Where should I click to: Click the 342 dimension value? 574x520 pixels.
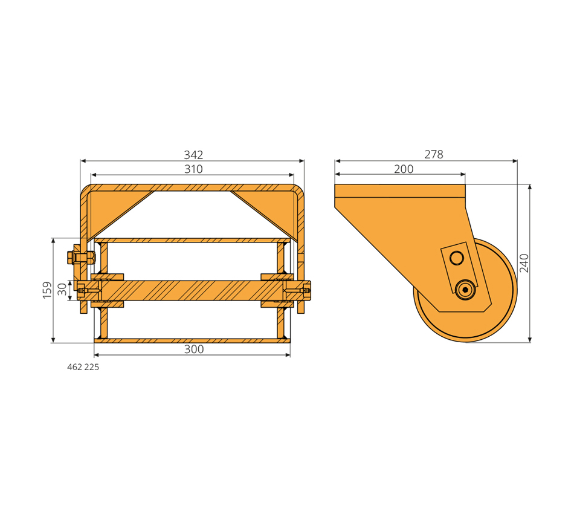(x=193, y=155)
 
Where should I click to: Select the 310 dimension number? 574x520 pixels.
(x=193, y=169)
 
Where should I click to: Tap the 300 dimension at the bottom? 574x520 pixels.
(x=194, y=349)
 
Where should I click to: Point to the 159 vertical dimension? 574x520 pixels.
(x=47, y=290)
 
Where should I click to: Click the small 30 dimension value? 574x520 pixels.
(x=63, y=289)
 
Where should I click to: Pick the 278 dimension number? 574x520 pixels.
(x=434, y=155)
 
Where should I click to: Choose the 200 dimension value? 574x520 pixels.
(x=404, y=169)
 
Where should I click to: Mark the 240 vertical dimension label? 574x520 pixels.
(x=524, y=263)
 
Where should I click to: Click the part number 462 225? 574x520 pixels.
(x=83, y=367)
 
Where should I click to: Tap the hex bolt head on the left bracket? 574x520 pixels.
(x=71, y=258)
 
